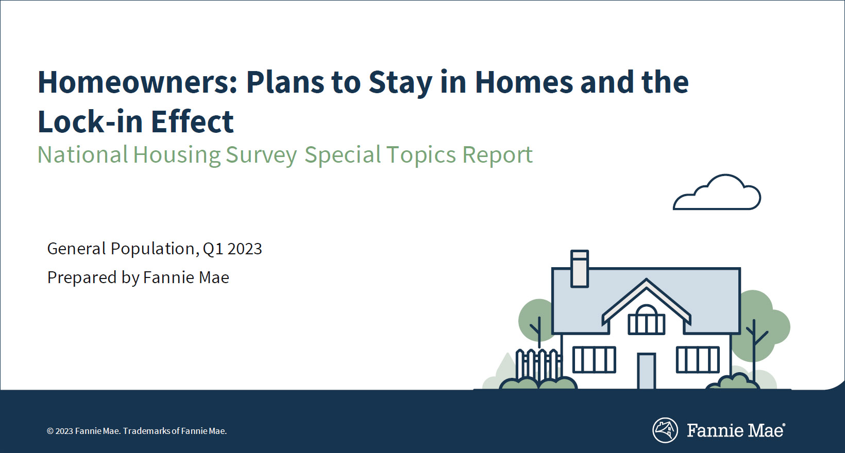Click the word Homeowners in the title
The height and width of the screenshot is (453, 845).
(137, 82)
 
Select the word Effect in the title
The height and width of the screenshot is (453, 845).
(192, 121)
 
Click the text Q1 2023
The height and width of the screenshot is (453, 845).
(232, 249)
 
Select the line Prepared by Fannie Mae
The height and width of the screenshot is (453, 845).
(138, 278)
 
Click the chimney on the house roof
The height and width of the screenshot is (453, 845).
(580, 268)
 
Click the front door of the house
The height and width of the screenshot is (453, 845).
(646, 371)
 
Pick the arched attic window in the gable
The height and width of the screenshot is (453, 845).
(646, 320)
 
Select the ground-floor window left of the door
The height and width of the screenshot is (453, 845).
(594, 360)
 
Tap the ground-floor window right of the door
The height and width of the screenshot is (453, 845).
(698, 360)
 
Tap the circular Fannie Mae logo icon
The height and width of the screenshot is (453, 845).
(665, 430)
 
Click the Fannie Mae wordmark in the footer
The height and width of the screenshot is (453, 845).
(736, 430)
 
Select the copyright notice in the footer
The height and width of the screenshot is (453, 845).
(137, 431)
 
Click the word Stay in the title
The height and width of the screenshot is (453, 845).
(400, 83)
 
